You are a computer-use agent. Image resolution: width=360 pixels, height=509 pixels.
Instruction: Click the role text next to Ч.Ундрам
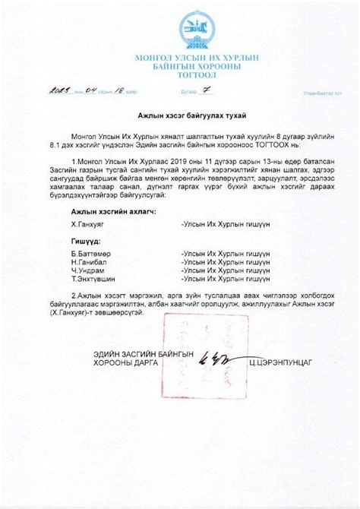pyautogui.click(x=226, y=269)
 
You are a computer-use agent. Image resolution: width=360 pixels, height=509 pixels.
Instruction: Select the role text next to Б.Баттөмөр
pyautogui.click(x=226, y=253)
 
